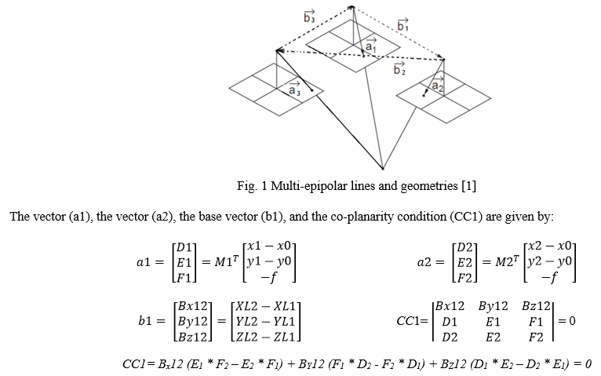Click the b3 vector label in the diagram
tap(309, 17)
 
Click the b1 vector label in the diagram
tap(402, 25)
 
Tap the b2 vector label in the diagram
tap(399, 68)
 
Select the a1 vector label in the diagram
tap(370, 46)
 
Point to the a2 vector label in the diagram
tap(438, 84)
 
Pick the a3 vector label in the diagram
tap(294, 89)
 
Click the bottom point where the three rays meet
tap(383, 168)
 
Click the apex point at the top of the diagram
tap(352, 6)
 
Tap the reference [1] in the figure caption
tap(468, 186)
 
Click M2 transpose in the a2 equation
tap(508, 261)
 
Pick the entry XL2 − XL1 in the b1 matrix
tap(266, 307)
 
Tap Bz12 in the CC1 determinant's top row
tap(536, 306)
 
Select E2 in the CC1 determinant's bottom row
tap(493, 338)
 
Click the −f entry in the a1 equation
tap(269, 277)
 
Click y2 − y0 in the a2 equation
tap(550, 261)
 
